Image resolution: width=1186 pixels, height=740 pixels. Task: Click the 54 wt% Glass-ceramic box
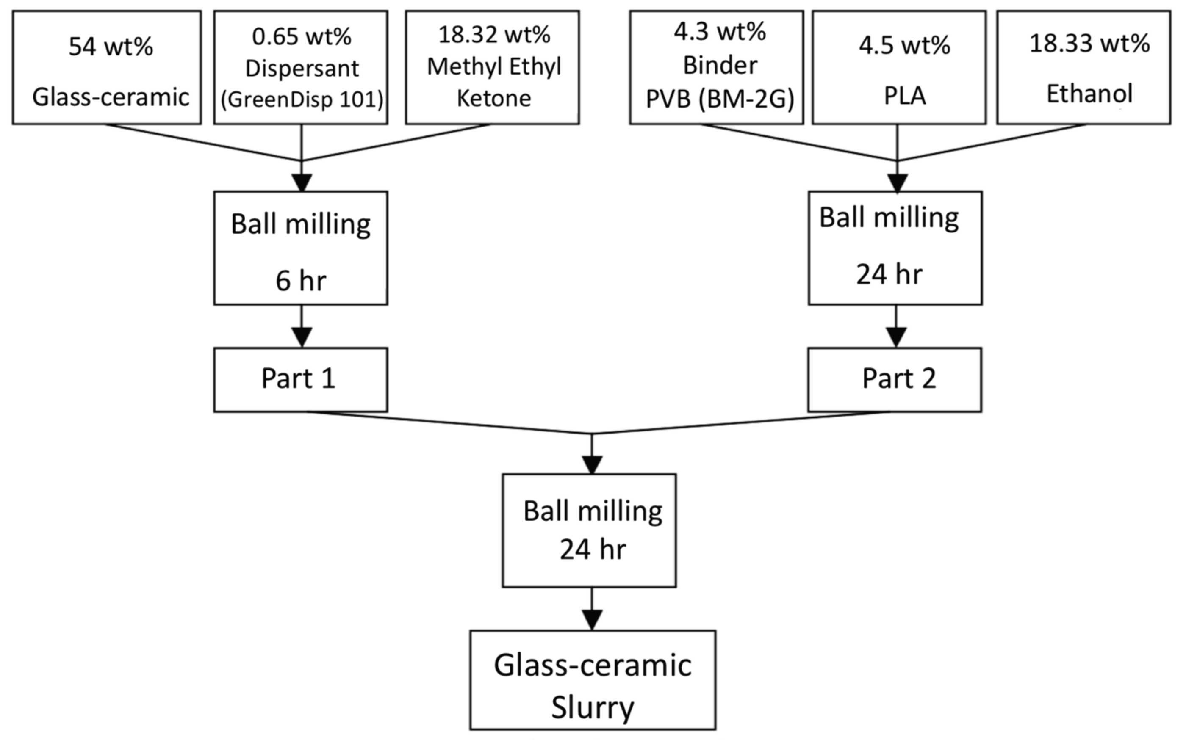point(106,68)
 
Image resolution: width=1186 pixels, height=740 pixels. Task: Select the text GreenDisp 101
point(302,100)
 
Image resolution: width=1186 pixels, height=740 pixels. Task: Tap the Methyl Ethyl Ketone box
point(492,68)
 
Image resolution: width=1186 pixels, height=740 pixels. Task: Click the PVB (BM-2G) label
point(719,100)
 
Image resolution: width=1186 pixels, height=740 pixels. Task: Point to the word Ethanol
point(1089,94)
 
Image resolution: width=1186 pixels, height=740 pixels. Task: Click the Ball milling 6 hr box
point(301,248)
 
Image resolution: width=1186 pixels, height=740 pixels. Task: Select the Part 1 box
point(301,380)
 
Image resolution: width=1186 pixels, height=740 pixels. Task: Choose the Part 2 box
point(894,380)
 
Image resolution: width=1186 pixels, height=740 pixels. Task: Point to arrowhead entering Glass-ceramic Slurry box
point(592,620)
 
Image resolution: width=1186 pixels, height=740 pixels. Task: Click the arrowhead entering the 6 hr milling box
point(301,182)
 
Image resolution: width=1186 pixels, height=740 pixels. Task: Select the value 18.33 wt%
point(1089,44)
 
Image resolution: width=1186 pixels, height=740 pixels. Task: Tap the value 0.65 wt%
point(302,37)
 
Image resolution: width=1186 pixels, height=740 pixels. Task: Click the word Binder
point(720,65)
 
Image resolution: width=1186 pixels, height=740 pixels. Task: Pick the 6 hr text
point(301,282)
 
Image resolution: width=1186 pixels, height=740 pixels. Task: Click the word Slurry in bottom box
point(593,707)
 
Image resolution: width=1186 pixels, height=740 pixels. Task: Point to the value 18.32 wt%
point(493,35)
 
